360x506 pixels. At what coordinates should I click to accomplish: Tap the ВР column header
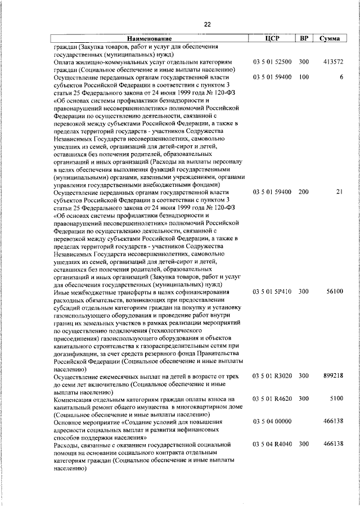point(304,39)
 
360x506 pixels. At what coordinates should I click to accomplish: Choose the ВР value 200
point(304,192)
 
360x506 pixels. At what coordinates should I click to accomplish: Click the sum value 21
point(339,192)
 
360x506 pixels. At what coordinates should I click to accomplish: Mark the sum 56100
point(335,292)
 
